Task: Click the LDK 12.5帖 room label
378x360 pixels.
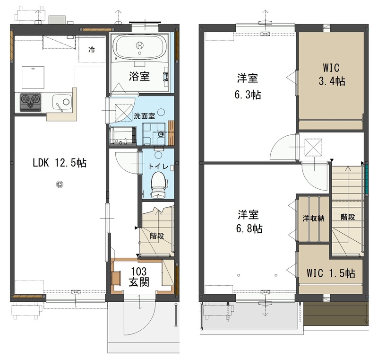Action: [x=60, y=163]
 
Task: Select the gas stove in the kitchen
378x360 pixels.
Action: [x=30, y=102]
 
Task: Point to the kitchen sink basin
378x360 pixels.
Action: [x=62, y=102]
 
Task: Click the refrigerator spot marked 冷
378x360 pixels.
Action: [x=92, y=50]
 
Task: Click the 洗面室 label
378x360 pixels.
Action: [x=145, y=116]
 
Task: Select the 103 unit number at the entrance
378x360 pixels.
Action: [x=138, y=272]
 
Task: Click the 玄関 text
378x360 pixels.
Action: [x=139, y=282]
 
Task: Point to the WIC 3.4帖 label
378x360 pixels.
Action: [x=332, y=74]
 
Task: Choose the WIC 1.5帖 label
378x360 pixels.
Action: [x=331, y=273]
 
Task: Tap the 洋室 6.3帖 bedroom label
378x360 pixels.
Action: [x=248, y=86]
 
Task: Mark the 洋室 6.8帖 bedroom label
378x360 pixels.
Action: [x=249, y=221]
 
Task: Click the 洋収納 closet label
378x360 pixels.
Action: [x=313, y=219]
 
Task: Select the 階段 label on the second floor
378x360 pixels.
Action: [x=348, y=217]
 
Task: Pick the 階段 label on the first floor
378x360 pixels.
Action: [x=157, y=236]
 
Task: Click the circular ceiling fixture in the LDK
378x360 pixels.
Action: [x=60, y=184]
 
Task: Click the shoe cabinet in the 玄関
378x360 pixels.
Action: [x=117, y=278]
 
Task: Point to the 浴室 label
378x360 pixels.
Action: [x=139, y=76]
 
